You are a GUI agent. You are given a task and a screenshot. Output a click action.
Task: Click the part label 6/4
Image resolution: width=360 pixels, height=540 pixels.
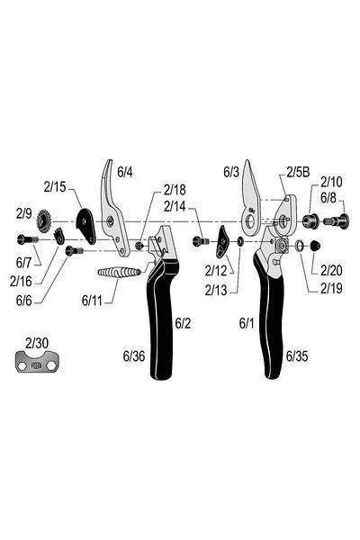point(125,172)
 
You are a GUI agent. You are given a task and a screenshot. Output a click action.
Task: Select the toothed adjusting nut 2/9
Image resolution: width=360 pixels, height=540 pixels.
point(43,221)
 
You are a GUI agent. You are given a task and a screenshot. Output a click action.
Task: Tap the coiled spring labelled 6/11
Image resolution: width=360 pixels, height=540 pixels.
point(119,273)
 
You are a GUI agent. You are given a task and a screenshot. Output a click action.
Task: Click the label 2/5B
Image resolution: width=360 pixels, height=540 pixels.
point(298,172)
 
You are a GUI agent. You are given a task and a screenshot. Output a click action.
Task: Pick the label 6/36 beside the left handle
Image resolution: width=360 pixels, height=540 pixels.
point(134,356)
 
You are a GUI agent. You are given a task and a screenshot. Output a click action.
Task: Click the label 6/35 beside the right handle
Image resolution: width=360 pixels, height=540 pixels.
point(297,356)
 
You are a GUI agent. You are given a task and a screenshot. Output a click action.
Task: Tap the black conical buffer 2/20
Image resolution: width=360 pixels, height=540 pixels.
point(315,246)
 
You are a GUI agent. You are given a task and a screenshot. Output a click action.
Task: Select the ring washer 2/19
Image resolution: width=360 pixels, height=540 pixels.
point(299,246)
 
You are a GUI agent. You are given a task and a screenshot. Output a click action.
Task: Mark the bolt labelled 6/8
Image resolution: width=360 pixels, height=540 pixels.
point(337,220)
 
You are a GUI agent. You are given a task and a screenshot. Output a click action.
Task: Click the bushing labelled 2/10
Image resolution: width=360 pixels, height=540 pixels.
point(310,220)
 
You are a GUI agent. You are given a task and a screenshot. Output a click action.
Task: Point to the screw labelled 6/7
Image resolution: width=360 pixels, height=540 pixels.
point(27,239)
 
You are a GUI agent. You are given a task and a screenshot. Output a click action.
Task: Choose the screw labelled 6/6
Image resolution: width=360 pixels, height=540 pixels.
point(74,250)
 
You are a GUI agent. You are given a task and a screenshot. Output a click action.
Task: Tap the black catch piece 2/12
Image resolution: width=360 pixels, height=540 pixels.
point(222,242)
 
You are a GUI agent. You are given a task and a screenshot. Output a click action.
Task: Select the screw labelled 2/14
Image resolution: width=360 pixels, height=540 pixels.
point(201,241)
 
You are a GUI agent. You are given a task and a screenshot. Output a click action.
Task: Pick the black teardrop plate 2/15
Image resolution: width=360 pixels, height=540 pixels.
point(85,226)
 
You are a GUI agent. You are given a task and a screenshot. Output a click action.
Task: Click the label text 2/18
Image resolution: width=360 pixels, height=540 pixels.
point(175,189)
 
